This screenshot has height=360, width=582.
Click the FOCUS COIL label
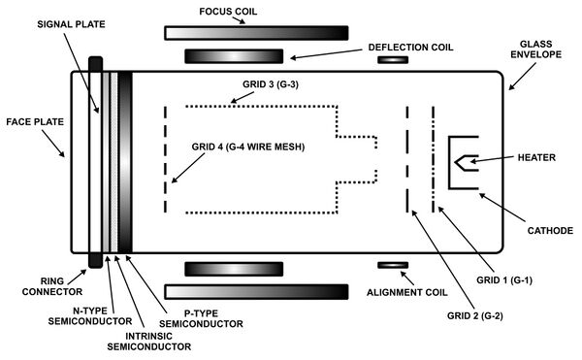click(x=228, y=12)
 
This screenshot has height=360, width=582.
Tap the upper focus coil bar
click(x=256, y=33)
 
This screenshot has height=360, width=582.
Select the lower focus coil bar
click(x=256, y=292)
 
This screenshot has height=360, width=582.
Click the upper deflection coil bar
click(x=234, y=56)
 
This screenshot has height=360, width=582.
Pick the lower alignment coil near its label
click(x=393, y=265)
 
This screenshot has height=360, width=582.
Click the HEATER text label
click(x=536, y=158)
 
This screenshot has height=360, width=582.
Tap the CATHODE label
click(x=550, y=231)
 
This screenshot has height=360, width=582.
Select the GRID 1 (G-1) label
click(x=504, y=280)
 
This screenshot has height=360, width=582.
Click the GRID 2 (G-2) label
click(x=474, y=315)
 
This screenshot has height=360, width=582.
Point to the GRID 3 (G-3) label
click(x=271, y=84)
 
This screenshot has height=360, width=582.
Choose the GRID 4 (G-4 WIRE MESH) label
click(x=248, y=147)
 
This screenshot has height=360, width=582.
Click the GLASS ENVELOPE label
click(x=535, y=49)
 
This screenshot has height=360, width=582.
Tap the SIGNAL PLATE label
click(x=71, y=24)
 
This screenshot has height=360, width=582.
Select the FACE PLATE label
click(x=35, y=122)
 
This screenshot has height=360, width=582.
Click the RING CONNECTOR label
click(x=52, y=286)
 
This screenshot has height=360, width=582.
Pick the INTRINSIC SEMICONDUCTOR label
click(x=148, y=342)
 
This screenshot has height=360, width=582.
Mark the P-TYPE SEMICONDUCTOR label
click(x=201, y=319)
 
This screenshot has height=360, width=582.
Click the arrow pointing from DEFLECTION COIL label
click(x=326, y=53)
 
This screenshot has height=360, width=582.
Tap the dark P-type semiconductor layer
click(x=125, y=162)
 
